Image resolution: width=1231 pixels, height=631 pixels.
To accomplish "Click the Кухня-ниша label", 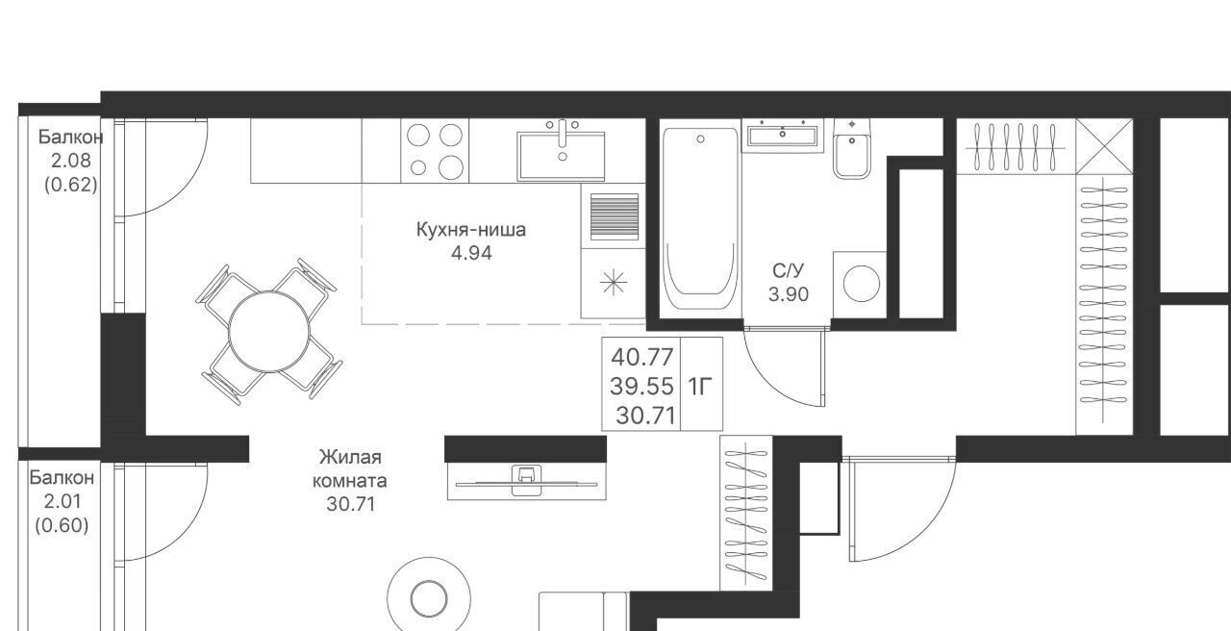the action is [471, 230].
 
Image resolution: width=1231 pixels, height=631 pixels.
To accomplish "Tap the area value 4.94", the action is [471, 253].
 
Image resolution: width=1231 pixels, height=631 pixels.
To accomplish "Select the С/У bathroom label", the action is [788, 270].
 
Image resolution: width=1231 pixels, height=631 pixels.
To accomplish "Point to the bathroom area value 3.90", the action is [788, 294].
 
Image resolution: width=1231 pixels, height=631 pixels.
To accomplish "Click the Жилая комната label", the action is [350, 468].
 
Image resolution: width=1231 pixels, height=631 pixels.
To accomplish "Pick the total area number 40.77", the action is [641, 358].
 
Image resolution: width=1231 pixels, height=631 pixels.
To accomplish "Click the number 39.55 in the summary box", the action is [641, 387].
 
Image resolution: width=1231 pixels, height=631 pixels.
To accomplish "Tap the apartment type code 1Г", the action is [700, 388].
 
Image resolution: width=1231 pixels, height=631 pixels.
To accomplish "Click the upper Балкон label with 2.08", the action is [71, 137].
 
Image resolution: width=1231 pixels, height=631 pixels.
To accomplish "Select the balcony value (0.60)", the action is [62, 526].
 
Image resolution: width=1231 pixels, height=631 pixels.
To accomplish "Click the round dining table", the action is [269, 332].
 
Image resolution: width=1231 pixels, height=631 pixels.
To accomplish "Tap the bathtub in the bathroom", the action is [700, 218].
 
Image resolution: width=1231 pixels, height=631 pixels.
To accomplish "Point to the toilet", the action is [851, 148].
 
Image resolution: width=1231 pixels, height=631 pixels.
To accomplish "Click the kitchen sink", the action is [561, 156].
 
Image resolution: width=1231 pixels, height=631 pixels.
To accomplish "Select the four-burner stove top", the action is [435, 151].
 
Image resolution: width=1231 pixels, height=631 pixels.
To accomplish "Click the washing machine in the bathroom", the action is [860, 284].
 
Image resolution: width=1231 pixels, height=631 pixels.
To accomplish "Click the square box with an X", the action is [1104, 146].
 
